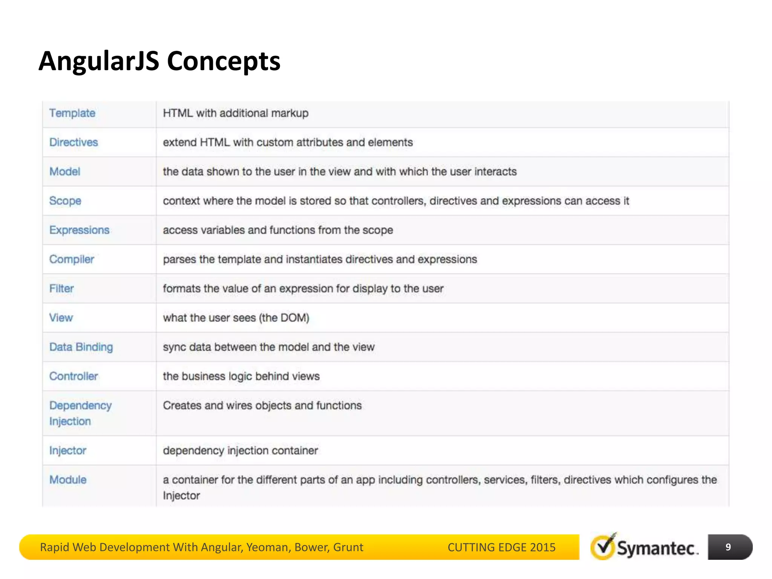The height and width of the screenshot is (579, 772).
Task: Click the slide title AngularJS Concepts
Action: click(x=159, y=61)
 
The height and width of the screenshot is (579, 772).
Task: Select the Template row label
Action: click(x=72, y=113)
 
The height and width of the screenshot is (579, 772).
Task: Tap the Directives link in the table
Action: click(x=74, y=142)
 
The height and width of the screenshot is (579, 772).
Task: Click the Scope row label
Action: click(x=65, y=201)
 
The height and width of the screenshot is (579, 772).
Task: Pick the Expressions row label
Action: click(x=79, y=230)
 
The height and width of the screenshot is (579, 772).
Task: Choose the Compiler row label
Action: click(x=72, y=259)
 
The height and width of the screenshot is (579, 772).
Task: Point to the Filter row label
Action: click(x=61, y=289)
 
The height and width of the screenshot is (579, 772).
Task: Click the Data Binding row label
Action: click(x=81, y=347)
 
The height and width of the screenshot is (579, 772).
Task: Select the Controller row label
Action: click(x=74, y=376)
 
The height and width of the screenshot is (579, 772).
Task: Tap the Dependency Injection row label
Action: click(x=80, y=413)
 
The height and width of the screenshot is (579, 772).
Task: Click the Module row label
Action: click(x=68, y=480)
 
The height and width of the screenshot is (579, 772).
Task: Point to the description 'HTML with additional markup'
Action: click(x=236, y=113)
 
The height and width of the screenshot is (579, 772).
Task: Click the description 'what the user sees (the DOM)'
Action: click(x=236, y=318)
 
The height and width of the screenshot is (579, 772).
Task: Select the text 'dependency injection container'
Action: click(x=240, y=450)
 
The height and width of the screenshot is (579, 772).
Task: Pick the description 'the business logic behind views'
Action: click(x=241, y=376)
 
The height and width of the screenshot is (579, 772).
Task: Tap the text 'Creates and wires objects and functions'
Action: click(x=262, y=406)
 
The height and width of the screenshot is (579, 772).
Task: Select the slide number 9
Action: click(x=728, y=547)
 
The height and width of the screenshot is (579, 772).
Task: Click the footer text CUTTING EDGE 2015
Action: click(x=501, y=547)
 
